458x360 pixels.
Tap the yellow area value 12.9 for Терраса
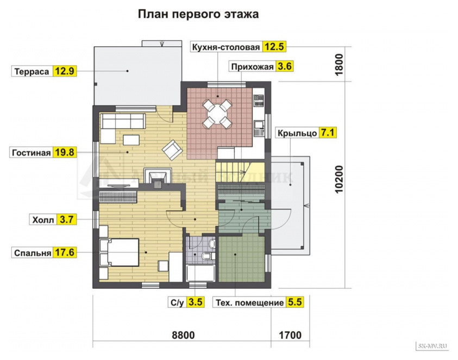pos(64,71)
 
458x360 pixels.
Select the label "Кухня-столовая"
pos(225,47)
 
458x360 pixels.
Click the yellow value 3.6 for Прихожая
pos(285,67)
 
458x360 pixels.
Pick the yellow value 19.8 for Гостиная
pos(64,153)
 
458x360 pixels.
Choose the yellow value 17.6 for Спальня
pos(64,253)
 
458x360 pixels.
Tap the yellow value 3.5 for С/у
pos(196,302)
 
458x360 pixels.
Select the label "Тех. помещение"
pos(249,302)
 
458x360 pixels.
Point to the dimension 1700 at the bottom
pos(290,335)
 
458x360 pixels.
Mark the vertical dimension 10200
pos(340,179)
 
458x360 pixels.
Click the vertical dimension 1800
pos(340,65)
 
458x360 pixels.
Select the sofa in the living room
pos(122,121)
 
